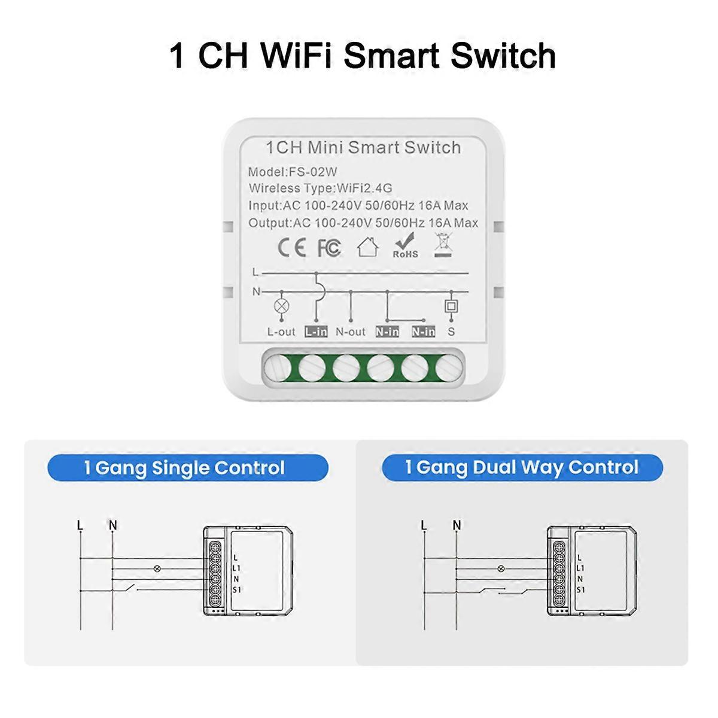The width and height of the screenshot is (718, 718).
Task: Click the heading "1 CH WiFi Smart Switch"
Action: point(363,56)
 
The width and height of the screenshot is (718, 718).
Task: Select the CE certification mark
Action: point(291,248)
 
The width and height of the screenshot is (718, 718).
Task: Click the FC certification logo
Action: point(328,248)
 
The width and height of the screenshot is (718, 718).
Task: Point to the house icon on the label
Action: point(367,247)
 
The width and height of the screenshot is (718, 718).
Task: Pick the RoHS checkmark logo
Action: point(405,245)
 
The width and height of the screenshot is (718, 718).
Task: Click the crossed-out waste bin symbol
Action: point(443,244)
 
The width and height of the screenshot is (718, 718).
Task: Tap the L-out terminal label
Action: point(281,331)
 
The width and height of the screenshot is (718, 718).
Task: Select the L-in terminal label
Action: point(316,331)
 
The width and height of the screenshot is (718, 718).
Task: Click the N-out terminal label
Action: point(351,331)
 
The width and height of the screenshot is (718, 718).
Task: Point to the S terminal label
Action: point(451,331)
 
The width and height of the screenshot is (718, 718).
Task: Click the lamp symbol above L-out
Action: point(281,306)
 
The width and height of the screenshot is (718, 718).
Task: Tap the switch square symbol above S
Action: point(451,306)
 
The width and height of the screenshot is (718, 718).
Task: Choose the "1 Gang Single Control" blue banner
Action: point(188,468)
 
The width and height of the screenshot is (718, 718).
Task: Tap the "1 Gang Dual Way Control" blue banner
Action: point(522,467)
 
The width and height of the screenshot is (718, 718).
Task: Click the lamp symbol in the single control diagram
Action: point(157,568)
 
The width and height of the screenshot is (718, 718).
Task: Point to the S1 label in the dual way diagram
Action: point(580,589)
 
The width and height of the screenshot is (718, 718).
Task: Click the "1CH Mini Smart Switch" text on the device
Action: point(363,148)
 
